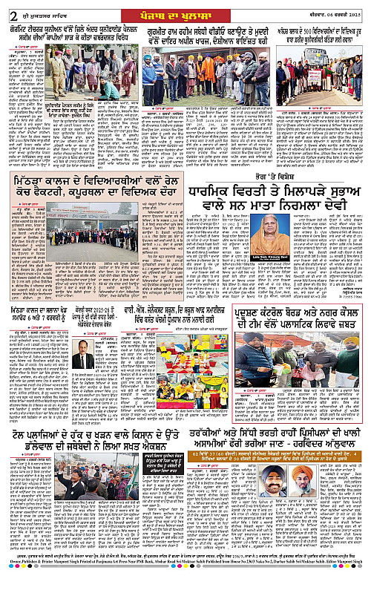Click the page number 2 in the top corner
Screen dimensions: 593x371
coord(7,8)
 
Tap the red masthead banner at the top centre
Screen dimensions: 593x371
coord(185,7)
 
